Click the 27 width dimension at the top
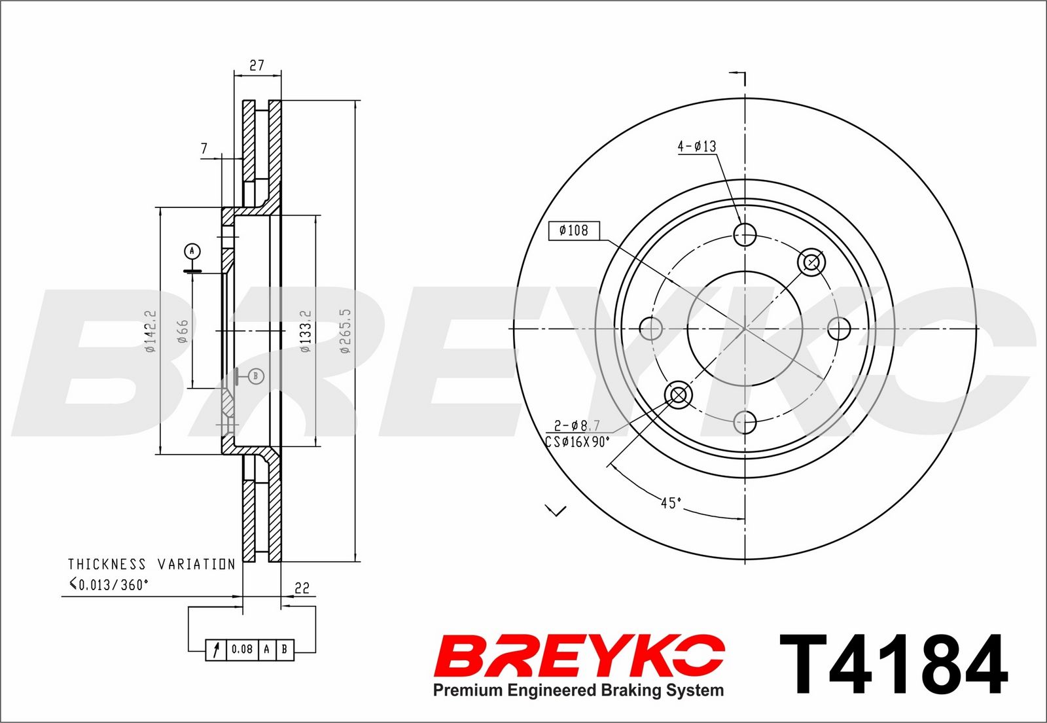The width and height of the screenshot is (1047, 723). tap(257, 65)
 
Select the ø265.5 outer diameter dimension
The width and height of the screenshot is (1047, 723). tap(345, 331)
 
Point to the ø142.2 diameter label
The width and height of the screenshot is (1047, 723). tap(150, 331)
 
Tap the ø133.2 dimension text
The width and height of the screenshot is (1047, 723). tap(305, 331)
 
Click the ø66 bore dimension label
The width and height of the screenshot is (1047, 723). tap(183, 331)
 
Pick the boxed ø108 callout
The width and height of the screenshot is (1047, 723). tap(574, 230)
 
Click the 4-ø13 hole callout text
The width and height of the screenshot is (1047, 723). tap(697, 147)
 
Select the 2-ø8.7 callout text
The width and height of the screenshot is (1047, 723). tap(577, 425)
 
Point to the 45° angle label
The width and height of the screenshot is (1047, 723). tap(671, 503)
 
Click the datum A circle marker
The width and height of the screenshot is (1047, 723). tap(192, 251)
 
